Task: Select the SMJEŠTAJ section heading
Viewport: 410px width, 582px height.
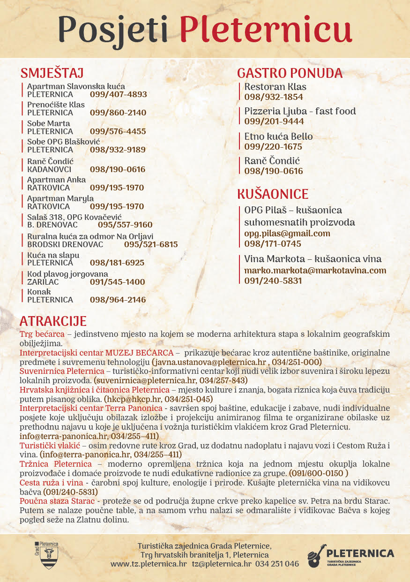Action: [52, 73]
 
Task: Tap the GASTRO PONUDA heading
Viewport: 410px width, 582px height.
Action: [290, 73]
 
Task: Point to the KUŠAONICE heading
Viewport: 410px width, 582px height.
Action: [273, 194]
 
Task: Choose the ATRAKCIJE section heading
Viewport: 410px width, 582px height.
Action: [53, 321]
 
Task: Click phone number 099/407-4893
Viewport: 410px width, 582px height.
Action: [119, 94]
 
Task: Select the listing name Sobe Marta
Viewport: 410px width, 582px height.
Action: [49, 123]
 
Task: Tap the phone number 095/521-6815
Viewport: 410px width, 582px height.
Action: [151, 244]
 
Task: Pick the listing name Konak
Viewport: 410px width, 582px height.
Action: [39, 292]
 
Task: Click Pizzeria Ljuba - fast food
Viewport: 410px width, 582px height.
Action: [300, 111]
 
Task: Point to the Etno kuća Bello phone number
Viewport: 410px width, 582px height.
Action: [273, 147]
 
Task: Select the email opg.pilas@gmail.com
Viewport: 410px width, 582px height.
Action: [287, 233]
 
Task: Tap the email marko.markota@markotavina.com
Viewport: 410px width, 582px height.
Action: [315, 271]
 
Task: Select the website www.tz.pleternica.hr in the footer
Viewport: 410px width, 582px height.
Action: [149, 564]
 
